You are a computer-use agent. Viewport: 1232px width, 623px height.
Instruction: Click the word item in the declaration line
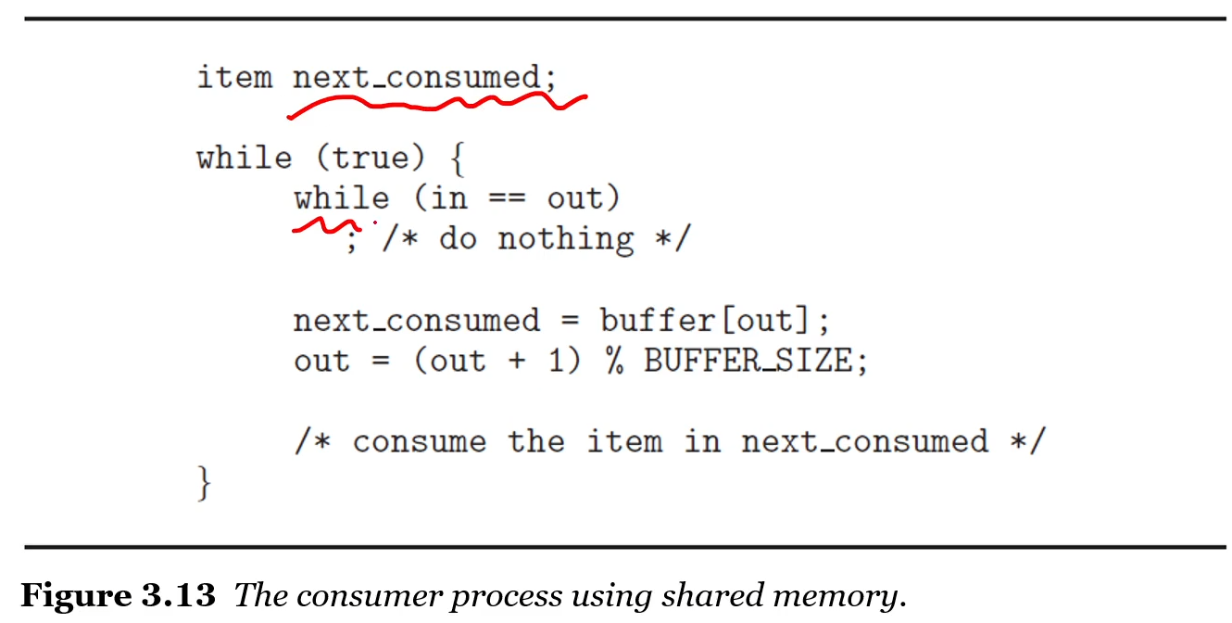click(234, 77)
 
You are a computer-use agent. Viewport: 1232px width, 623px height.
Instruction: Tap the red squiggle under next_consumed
click(435, 105)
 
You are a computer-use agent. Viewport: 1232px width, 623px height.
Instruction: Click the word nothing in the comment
click(565, 239)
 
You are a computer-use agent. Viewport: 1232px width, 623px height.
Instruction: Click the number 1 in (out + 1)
click(556, 361)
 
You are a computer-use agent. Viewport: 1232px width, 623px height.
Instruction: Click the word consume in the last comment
click(419, 441)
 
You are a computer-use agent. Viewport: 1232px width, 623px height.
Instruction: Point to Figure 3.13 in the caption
click(118, 594)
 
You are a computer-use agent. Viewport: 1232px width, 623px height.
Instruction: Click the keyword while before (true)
click(244, 158)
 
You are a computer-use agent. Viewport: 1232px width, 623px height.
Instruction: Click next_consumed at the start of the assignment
click(416, 321)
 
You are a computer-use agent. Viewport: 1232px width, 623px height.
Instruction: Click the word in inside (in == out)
click(448, 198)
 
